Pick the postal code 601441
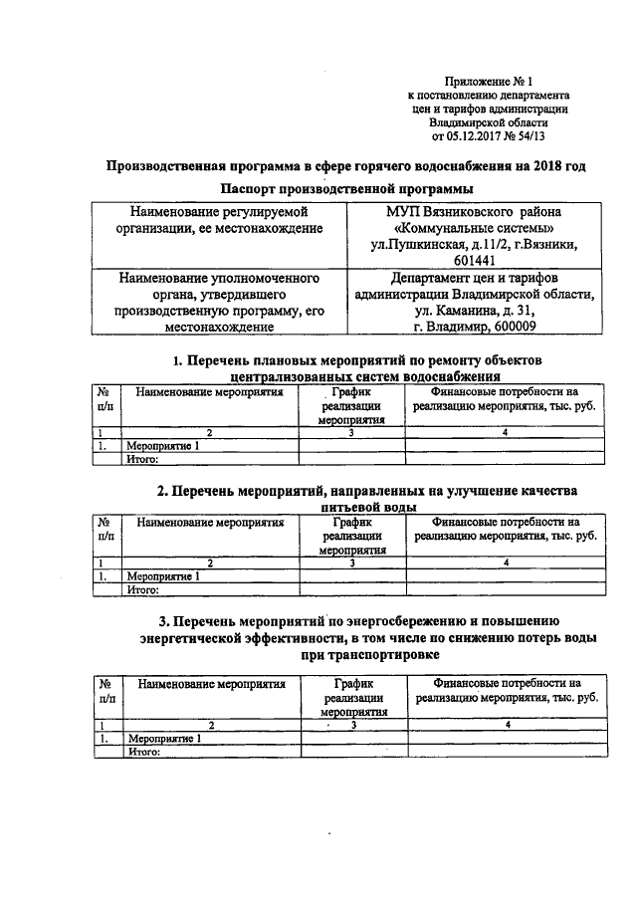tap(473, 260)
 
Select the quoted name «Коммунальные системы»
tap(473, 227)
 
